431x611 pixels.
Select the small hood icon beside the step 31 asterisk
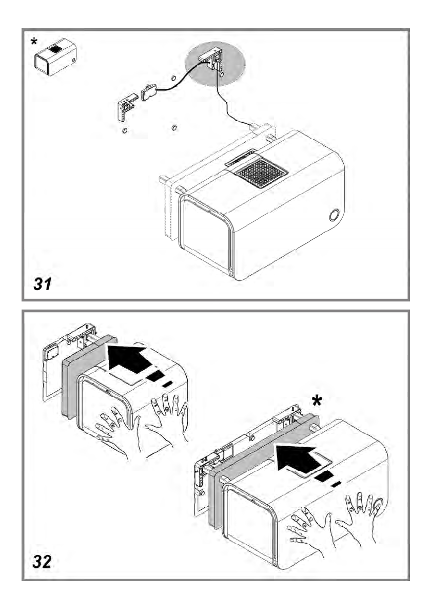pyautogui.click(x=55, y=58)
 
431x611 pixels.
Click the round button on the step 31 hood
pyautogui.click(x=335, y=215)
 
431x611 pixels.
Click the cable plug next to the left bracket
pyautogui.click(x=148, y=91)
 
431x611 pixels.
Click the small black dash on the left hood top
pyautogui.click(x=166, y=384)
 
